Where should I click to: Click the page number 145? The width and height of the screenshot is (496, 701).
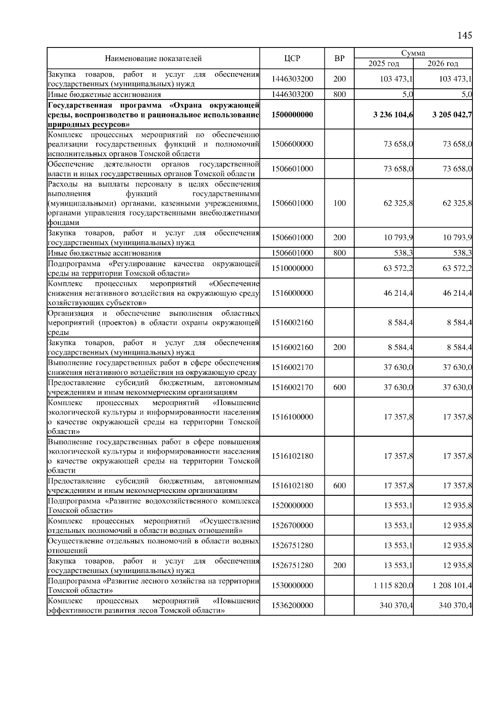click(x=465, y=35)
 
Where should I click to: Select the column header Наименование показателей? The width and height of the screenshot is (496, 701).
click(x=153, y=59)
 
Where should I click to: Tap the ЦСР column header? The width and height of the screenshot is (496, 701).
click(x=292, y=59)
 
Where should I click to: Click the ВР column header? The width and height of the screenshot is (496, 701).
click(x=339, y=59)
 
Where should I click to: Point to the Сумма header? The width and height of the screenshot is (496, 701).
click(x=413, y=53)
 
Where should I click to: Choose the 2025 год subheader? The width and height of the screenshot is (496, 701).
click(x=384, y=64)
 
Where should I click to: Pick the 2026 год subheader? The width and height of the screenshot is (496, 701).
click(x=443, y=64)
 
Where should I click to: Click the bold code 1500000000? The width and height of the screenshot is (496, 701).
click(x=292, y=115)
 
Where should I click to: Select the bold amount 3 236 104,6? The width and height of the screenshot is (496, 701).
click(x=393, y=115)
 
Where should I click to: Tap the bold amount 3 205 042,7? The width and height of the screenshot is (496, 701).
click(x=452, y=115)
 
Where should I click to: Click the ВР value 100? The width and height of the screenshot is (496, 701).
click(x=339, y=203)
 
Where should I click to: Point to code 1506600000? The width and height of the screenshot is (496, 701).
click(x=292, y=144)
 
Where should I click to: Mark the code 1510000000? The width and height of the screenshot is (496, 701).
click(x=292, y=268)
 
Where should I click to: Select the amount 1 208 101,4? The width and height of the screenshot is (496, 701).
click(x=453, y=585)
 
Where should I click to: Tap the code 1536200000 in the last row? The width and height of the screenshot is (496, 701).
click(x=292, y=606)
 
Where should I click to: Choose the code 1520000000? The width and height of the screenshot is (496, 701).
click(x=292, y=505)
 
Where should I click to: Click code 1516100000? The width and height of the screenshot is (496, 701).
click(x=292, y=417)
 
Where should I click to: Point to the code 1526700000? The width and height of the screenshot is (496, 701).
click(x=292, y=526)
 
